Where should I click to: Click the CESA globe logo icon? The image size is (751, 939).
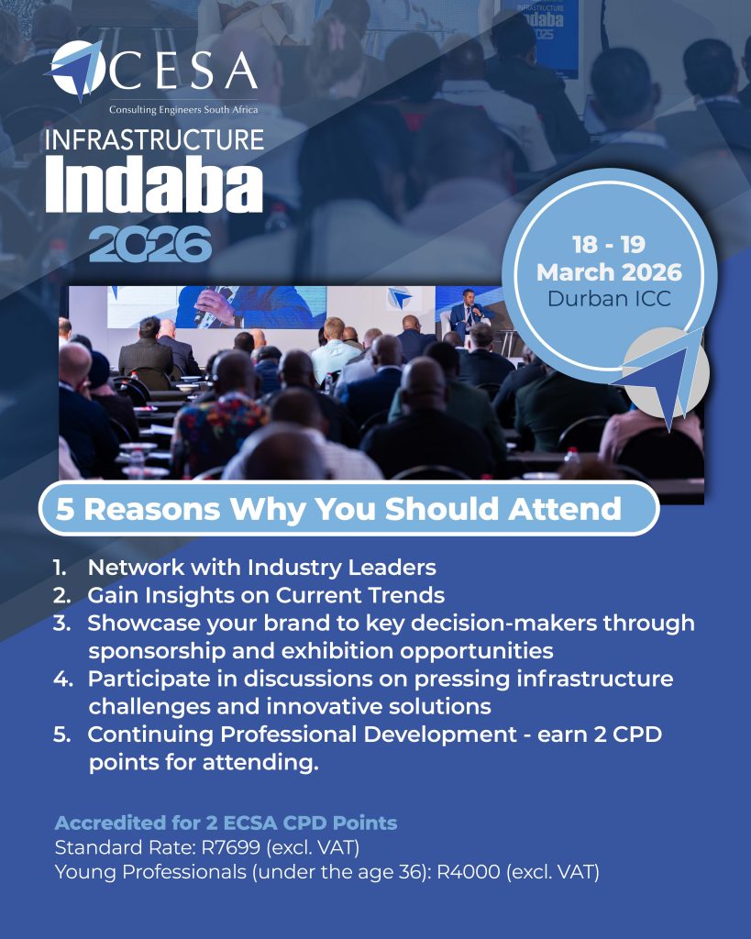[x=76, y=69]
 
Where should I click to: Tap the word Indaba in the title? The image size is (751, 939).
[x=154, y=185]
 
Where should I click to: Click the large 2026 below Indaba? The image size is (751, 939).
[x=150, y=244]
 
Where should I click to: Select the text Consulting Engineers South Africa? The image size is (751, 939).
[x=183, y=110]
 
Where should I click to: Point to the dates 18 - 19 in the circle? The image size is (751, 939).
[x=609, y=244]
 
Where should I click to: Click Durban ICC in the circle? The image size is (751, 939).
[x=609, y=298]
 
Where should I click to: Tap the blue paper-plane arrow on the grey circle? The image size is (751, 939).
[x=662, y=375]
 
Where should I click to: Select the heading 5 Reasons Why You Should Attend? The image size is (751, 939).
[x=338, y=509]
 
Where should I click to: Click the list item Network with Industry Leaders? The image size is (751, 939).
[x=261, y=567]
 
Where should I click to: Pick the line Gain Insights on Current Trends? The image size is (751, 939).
[x=266, y=595]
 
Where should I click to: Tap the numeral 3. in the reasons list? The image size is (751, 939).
[x=62, y=623]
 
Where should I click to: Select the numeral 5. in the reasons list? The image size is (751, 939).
[x=62, y=735]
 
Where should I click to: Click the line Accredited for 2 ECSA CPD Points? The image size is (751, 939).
[x=226, y=823]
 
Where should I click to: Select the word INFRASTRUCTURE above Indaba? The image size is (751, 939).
[x=155, y=140]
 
